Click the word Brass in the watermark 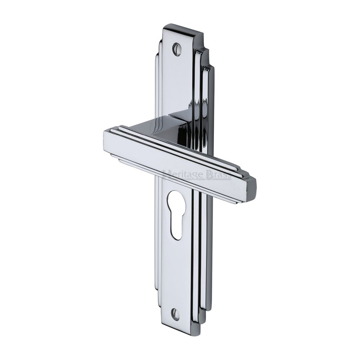218,175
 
